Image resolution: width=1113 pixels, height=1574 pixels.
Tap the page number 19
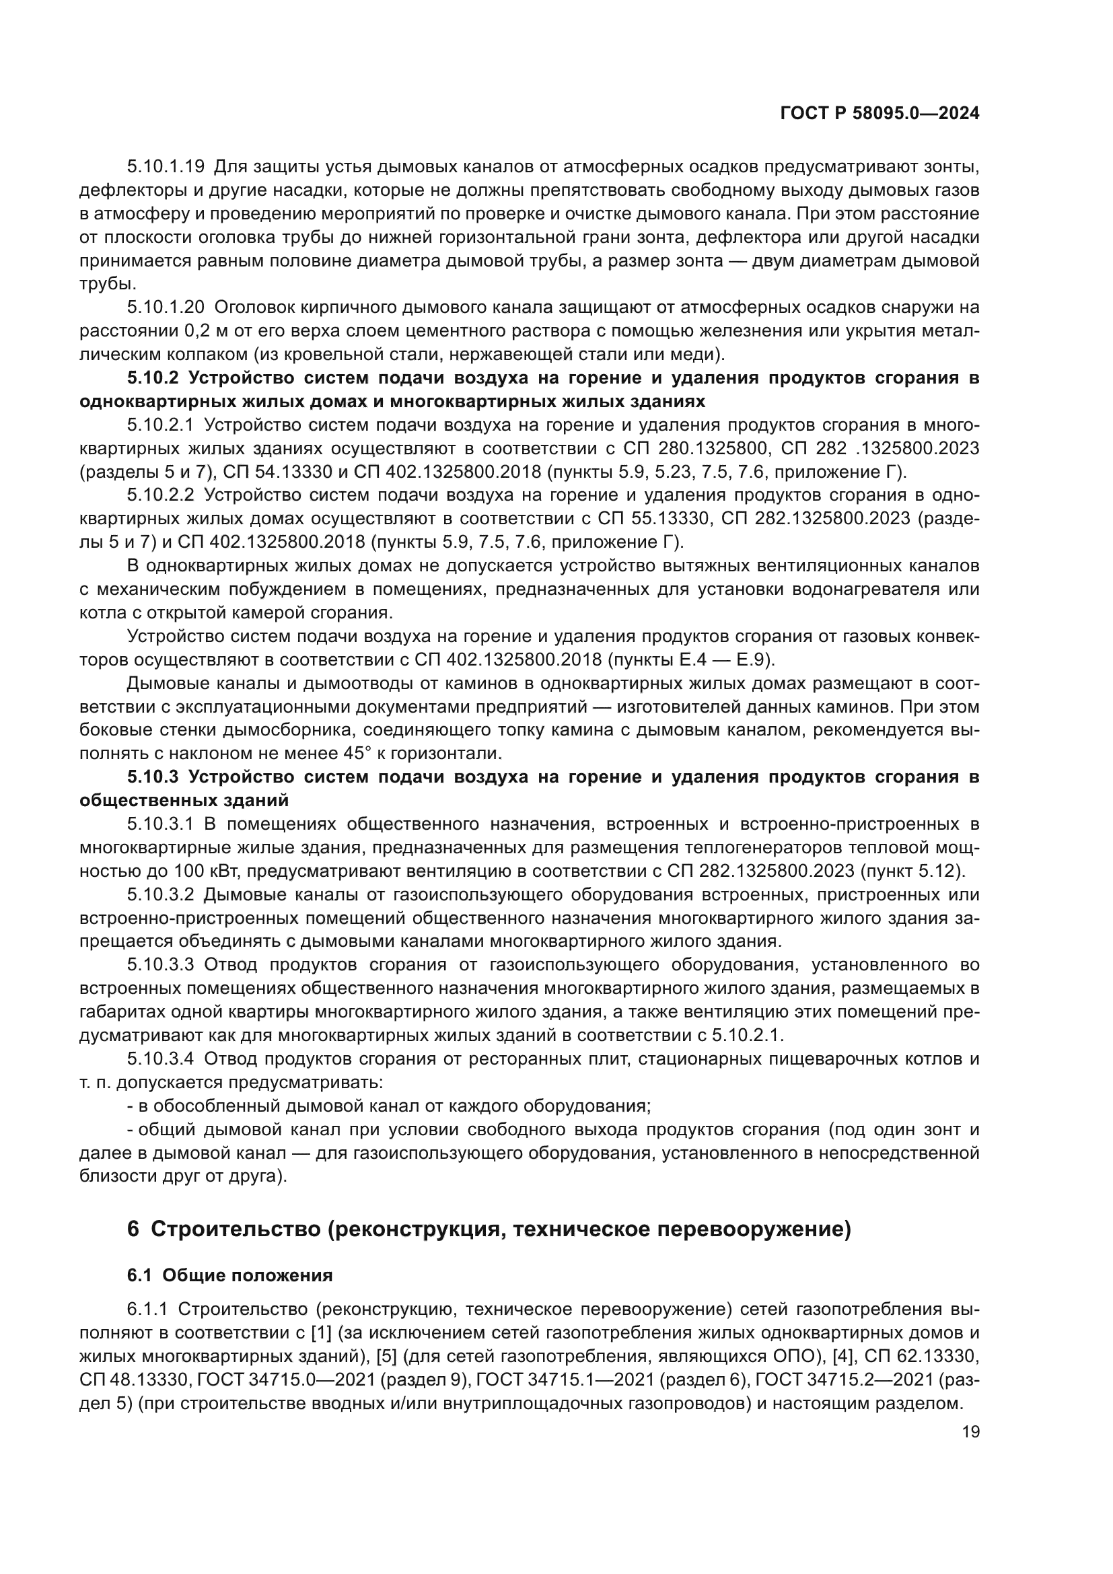[x=970, y=1432]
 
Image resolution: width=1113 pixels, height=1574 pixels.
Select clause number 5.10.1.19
[x=166, y=167]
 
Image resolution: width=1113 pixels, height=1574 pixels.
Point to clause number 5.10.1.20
[x=166, y=308]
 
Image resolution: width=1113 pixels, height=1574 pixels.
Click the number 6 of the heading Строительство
[x=133, y=1230]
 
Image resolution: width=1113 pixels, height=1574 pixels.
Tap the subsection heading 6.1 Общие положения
[x=230, y=1276]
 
